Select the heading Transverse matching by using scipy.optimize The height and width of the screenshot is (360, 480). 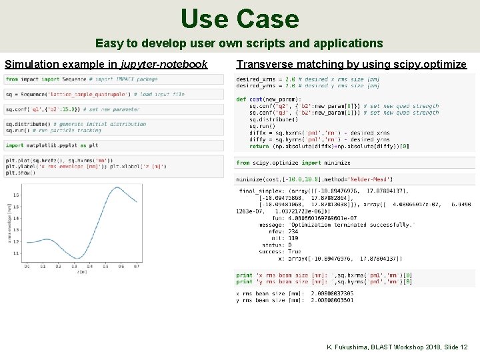point(351,65)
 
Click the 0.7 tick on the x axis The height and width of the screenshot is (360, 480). point(137,266)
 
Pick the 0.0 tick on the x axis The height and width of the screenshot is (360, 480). point(27,266)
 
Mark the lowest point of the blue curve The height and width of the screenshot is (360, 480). point(78,258)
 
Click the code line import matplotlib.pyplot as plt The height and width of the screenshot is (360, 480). point(52,145)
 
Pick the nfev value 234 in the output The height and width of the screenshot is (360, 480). point(293,231)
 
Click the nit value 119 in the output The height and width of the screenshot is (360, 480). point(293,238)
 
